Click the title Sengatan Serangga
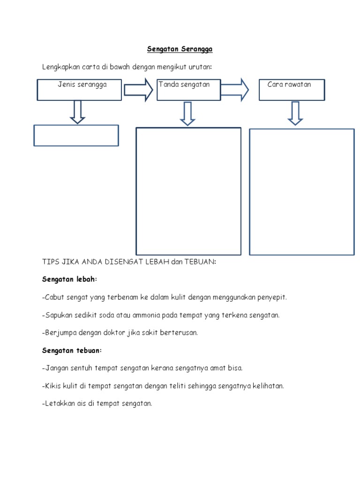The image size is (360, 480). (x=180, y=49)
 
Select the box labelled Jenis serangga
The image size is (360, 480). (x=80, y=90)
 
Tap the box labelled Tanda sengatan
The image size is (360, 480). (x=188, y=90)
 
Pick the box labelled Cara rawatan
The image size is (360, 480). (x=292, y=90)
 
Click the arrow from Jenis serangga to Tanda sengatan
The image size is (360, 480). (x=138, y=90)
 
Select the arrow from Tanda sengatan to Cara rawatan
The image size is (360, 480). (x=235, y=90)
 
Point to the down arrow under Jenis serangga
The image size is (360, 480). (x=77, y=112)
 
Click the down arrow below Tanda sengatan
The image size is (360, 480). (x=187, y=114)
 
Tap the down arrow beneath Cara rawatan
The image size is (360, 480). (x=295, y=113)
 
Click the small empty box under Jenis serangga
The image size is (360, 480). (x=76, y=135)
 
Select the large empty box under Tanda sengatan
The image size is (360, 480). (x=188, y=191)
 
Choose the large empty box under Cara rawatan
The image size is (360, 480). (x=301, y=192)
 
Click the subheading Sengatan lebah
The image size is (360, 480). (x=70, y=279)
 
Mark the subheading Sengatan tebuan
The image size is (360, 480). (x=72, y=351)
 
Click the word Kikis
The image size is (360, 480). (x=52, y=386)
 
